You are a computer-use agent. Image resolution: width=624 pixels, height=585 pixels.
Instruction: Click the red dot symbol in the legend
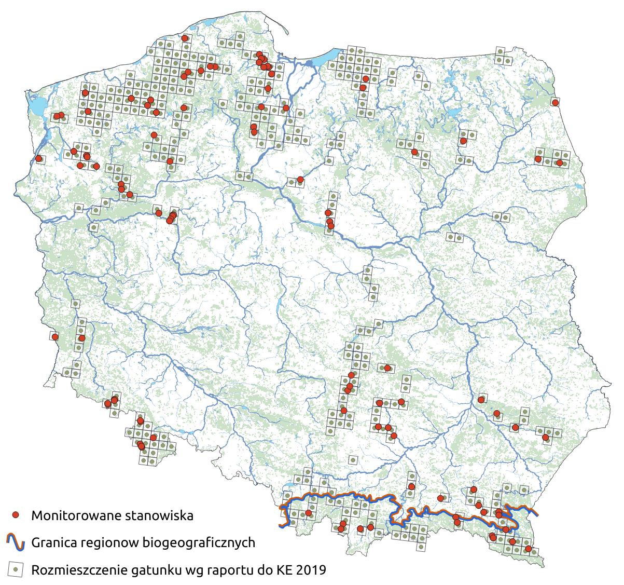click(16, 515)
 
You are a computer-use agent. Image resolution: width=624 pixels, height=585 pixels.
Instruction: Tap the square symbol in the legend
click(16, 569)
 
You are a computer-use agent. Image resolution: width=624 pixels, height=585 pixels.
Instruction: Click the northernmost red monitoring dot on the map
click(185, 38)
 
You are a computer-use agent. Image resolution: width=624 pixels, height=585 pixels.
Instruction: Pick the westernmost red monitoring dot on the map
click(38, 158)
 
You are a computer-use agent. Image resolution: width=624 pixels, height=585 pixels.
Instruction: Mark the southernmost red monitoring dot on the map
click(528, 549)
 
